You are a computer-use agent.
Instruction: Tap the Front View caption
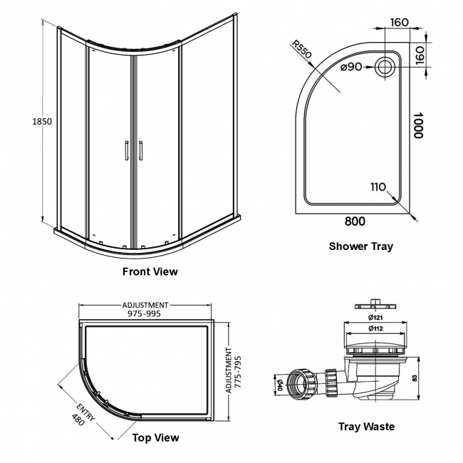tap(150, 271)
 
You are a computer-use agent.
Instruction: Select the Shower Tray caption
tap(360, 246)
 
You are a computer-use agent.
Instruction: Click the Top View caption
tap(156, 437)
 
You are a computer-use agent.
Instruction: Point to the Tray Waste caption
tap(366, 427)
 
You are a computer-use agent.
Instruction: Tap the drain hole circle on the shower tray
tap(386, 68)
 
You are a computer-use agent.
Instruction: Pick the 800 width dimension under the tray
tap(355, 222)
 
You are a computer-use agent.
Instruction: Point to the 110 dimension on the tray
tap(378, 187)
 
